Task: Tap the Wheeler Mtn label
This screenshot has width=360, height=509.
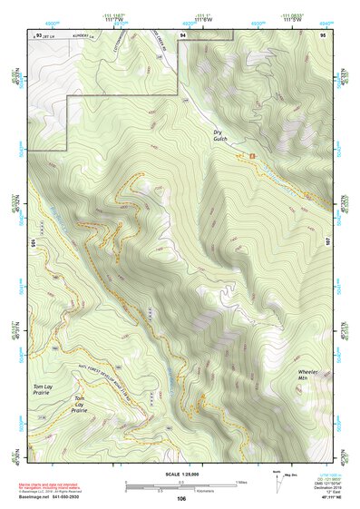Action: (309, 375)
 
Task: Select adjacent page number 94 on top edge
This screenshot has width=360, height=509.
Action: (182, 34)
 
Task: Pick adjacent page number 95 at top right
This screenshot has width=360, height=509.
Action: (322, 34)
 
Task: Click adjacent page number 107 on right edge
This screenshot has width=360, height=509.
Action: (328, 242)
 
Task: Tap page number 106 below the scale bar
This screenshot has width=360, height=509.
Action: (181, 498)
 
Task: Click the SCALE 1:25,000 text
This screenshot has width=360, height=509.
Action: (180, 473)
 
